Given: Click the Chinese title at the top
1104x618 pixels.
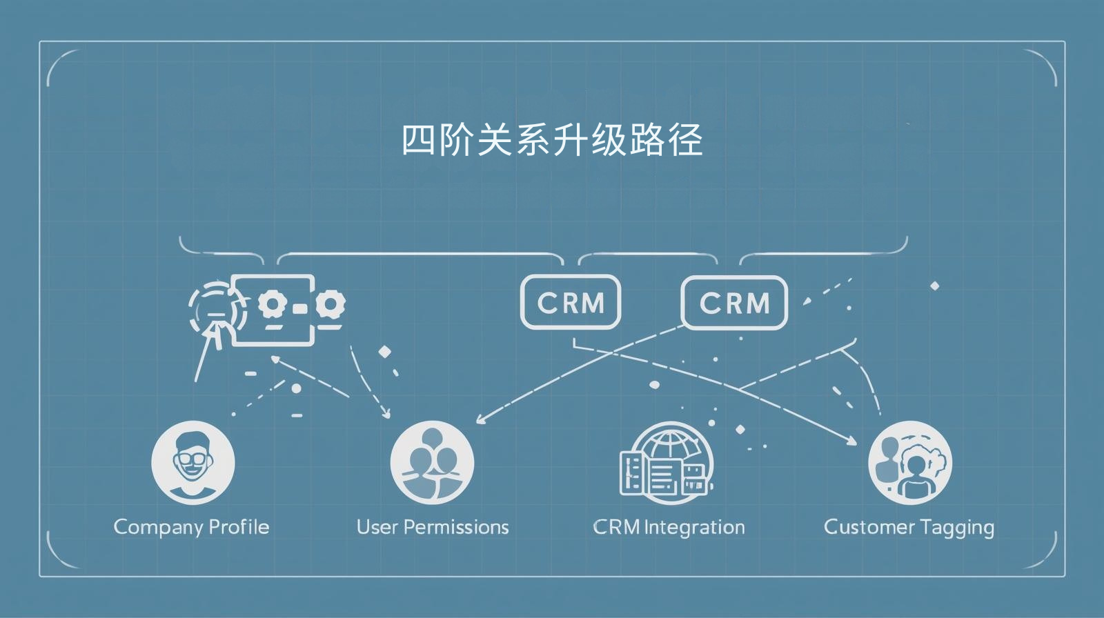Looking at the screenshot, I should (552, 140).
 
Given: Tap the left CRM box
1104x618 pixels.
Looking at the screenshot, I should (571, 302).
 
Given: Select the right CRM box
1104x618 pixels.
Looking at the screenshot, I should (734, 302).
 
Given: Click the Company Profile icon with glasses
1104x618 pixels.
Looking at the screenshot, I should (193, 462).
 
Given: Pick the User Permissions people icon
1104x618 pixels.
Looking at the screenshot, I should (432, 462).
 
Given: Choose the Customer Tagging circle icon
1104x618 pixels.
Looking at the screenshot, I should (909, 462).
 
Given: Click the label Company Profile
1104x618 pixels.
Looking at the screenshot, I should (191, 527).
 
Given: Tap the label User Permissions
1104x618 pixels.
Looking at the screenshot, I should (433, 527).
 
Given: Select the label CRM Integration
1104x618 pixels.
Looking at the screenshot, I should (669, 527).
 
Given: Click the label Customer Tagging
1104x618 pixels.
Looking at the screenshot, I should (909, 527).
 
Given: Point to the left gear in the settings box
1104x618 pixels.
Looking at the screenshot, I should (271, 303).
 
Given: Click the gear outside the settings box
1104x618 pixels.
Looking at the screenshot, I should (332, 303).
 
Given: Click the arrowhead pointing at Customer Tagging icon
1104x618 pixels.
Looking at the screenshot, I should (854, 440).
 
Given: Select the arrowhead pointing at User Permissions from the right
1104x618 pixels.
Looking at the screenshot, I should (480, 419).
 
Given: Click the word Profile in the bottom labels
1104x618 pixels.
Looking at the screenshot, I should (239, 527).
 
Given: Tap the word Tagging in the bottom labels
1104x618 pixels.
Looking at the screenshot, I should (956, 527).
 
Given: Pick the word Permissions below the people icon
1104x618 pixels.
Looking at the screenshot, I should (456, 527).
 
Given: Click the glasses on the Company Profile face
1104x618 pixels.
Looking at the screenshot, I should (193, 458).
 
